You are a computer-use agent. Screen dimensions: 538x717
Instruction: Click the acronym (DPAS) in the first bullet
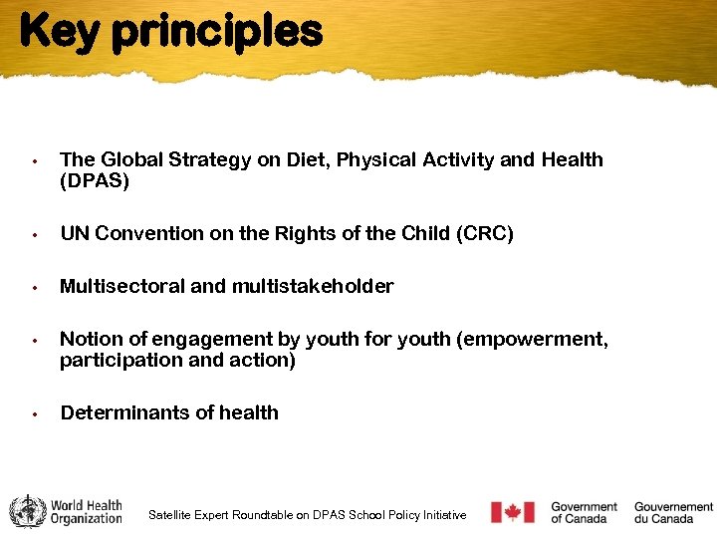pyautogui.click(x=95, y=182)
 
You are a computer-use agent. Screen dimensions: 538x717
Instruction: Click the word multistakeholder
pyautogui.click(x=313, y=287)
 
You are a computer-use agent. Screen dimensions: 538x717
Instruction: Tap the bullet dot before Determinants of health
pyautogui.click(x=34, y=413)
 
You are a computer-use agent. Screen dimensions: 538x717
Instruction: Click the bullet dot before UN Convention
pyautogui.click(x=34, y=235)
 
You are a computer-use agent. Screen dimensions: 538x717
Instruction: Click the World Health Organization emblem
pyautogui.click(x=28, y=511)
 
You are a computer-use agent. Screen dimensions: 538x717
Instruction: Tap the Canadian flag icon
pyautogui.click(x=513, y=512)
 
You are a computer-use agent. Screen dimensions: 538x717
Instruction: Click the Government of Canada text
pyautogui.click(x=584, y=512)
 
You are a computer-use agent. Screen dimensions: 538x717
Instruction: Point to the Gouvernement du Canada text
pyautogui.click(x=673, y=512)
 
